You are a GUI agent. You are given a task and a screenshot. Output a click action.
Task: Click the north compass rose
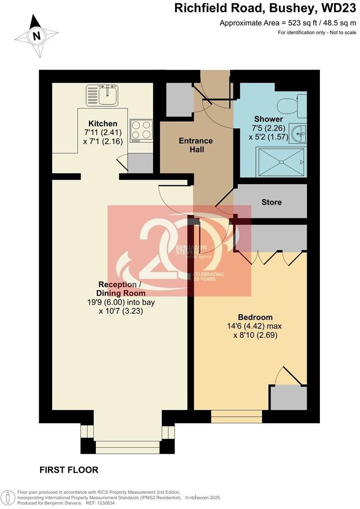(36, 35)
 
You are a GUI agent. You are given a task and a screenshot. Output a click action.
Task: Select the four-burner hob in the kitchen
(141, 131)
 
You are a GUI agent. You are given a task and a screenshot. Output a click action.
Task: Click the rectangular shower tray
(281, 161)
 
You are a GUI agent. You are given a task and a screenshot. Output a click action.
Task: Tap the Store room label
(271, 202)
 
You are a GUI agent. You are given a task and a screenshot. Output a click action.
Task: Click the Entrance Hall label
(195, 145)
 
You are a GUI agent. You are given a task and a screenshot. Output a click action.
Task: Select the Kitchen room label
(103, 123)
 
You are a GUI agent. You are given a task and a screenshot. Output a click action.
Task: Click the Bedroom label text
(255, 317)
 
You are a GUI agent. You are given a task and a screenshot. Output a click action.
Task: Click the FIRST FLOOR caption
(69, 470)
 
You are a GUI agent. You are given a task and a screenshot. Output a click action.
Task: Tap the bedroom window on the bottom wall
(237, 416)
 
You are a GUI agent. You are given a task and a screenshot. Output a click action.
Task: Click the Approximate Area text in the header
(288, 23)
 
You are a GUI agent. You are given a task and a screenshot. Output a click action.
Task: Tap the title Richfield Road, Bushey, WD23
(265, 8)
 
